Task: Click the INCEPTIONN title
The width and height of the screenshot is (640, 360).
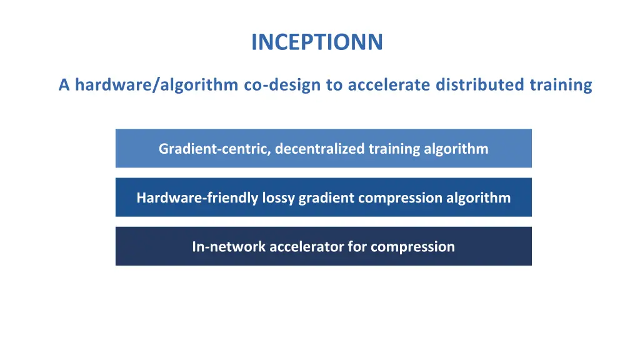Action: coord(317,42)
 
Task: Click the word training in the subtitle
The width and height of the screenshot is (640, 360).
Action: coord(561,85)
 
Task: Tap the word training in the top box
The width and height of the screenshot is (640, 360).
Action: coord(393,149)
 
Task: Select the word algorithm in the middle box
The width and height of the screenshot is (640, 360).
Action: coord(478,198)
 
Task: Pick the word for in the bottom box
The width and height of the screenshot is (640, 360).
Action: coord(357,247)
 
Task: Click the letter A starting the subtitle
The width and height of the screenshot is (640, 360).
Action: coord(64,85)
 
